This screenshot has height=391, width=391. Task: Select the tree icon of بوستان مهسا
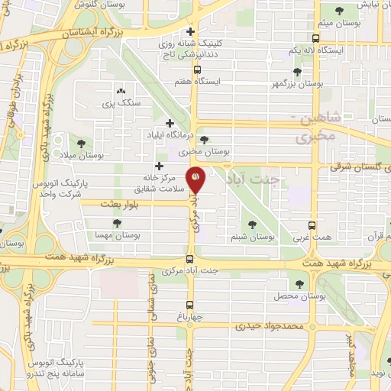[116, 223]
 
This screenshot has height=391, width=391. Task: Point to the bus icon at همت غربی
[312, 225]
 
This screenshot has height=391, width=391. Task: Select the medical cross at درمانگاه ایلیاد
[170, 123]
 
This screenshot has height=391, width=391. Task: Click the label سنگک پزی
[119, 102]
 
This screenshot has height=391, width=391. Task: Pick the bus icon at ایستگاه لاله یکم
[315, 37]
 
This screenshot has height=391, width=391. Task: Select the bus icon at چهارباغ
[189, 300]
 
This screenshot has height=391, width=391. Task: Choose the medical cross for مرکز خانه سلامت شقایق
[159, 166]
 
